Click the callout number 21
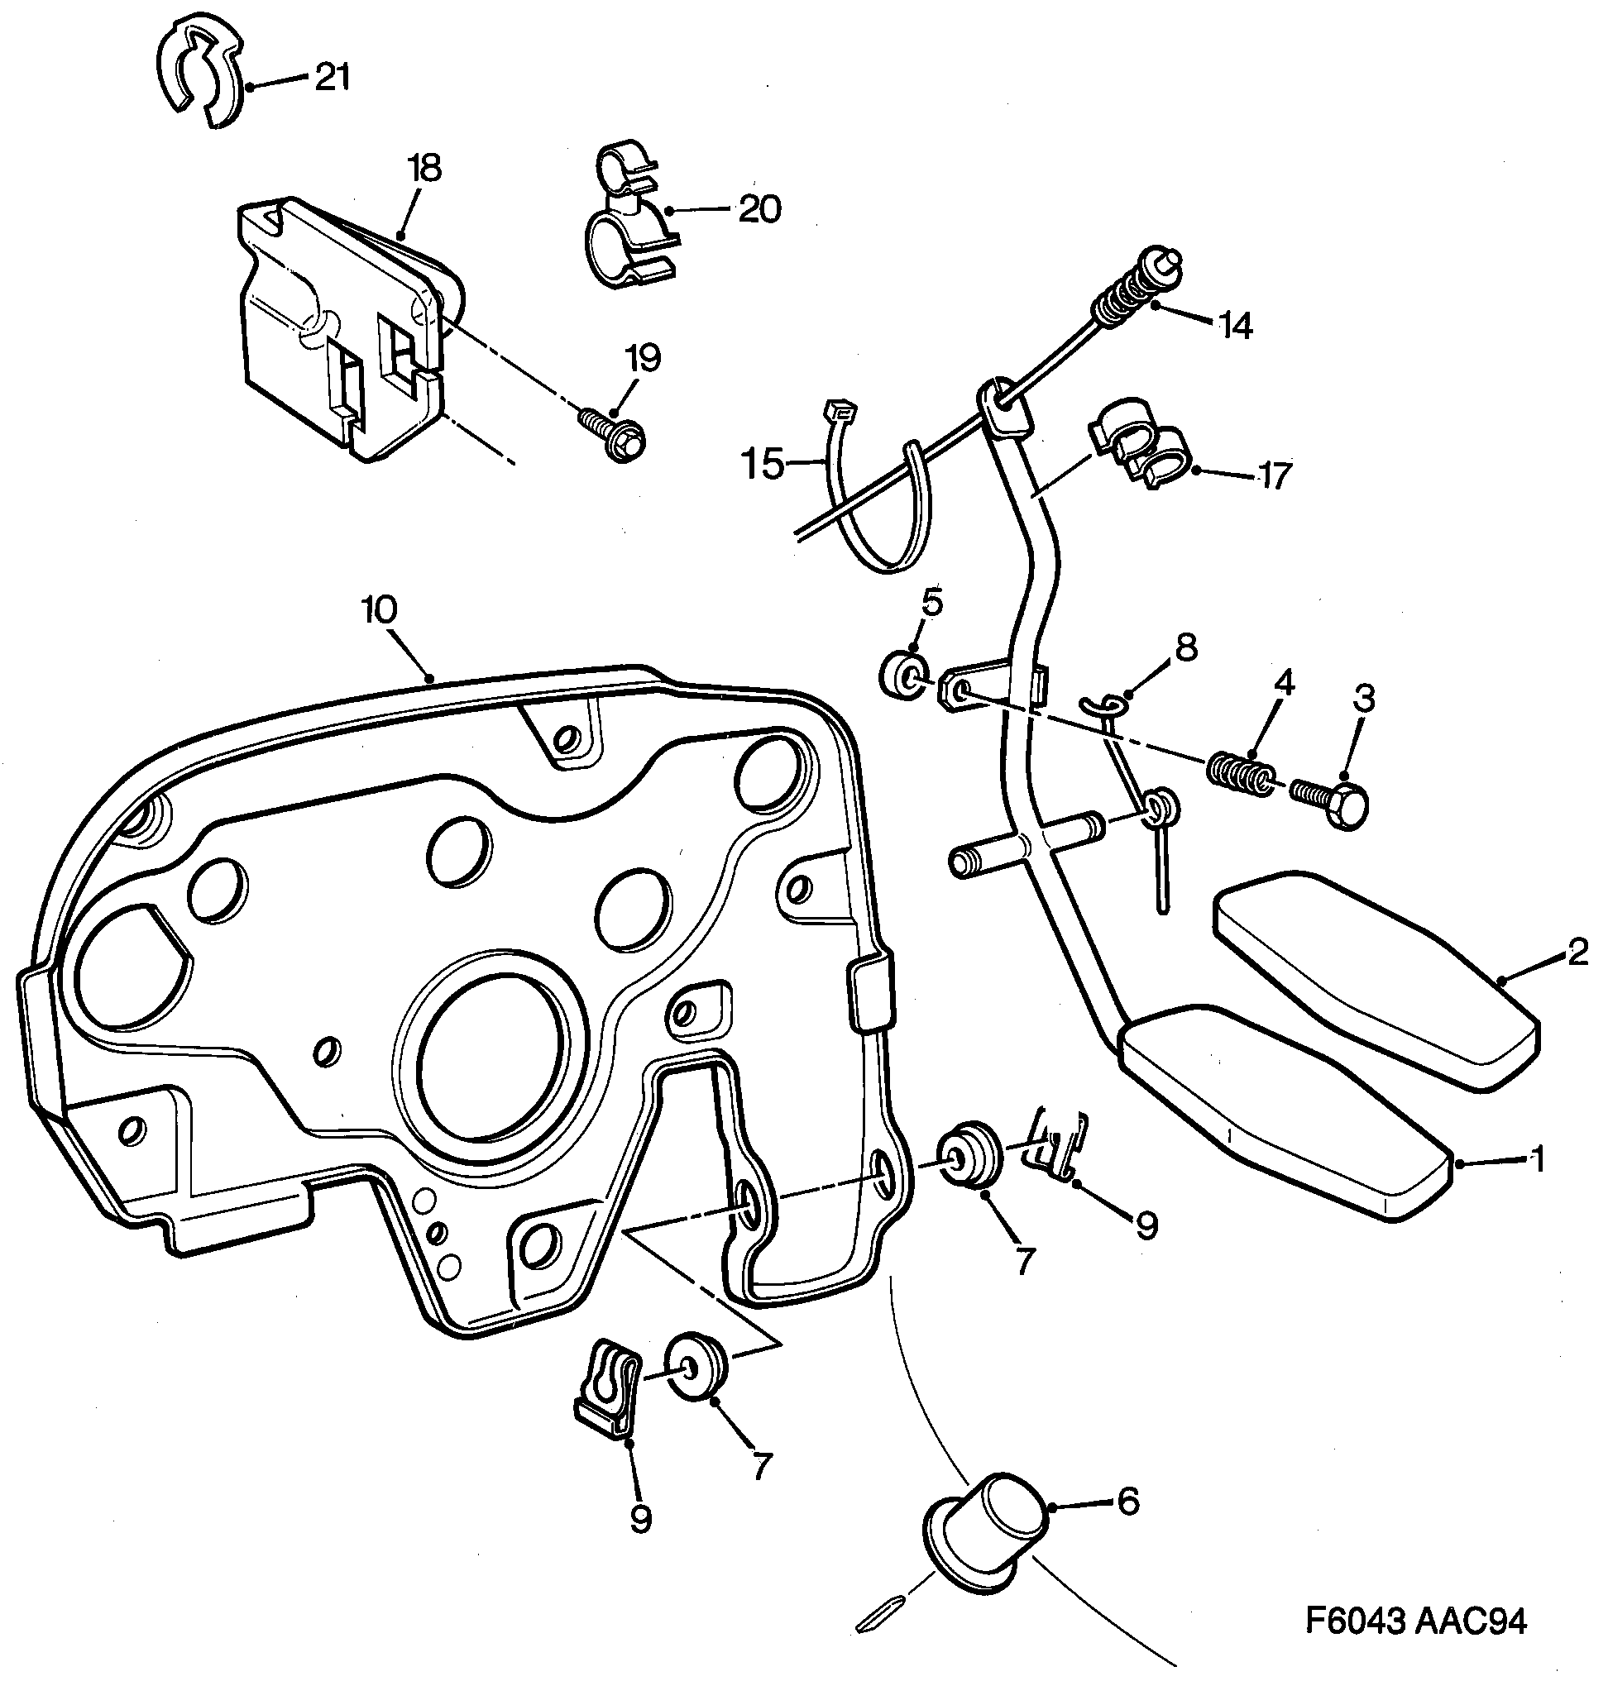click(x=332, y=78)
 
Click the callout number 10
click(x=379, y=610)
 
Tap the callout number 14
click(x=1235, y=326)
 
